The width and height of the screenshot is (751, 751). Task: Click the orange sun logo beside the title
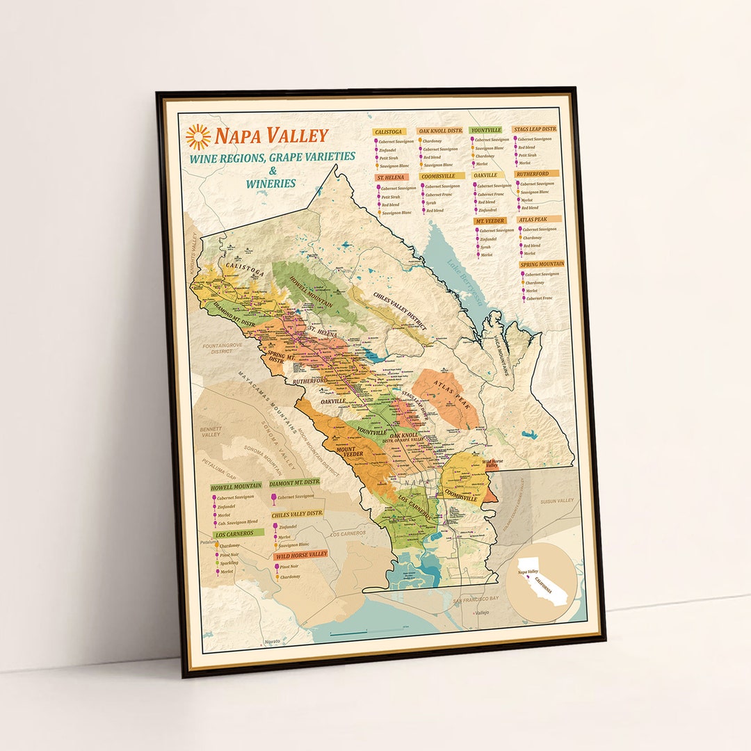click(x=198, y=136)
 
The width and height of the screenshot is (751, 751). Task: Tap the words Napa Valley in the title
click(x=270, y=135)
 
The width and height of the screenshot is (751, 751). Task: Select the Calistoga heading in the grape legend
click(x=389, y=131)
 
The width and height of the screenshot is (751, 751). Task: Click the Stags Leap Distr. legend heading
click(x=535, y=129)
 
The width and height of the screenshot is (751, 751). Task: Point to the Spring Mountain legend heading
click(x=542, y=264)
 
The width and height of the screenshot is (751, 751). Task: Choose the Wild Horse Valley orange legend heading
click(x=301, y=554)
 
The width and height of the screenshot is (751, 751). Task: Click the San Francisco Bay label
click(x=476, y=599)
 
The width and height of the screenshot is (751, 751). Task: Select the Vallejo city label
click(x=481, y=613)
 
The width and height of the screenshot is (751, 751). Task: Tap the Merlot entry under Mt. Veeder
click(x=487, y=255)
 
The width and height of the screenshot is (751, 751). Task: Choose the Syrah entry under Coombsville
click(x=431, y=202)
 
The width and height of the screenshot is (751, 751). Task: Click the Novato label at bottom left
click(x=272, y=640)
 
